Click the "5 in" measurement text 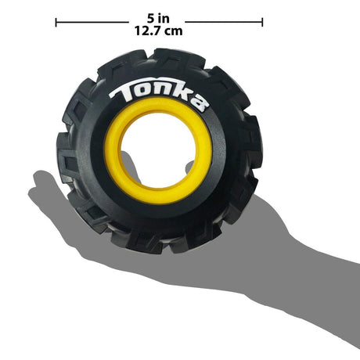[x=158, y=18]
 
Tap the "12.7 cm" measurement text [x=158, y=31]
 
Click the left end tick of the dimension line [x=56, y=22]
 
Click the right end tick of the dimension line [x=262, y=22]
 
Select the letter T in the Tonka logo [x=123, y=92]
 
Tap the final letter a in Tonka [x=200, y=103]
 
